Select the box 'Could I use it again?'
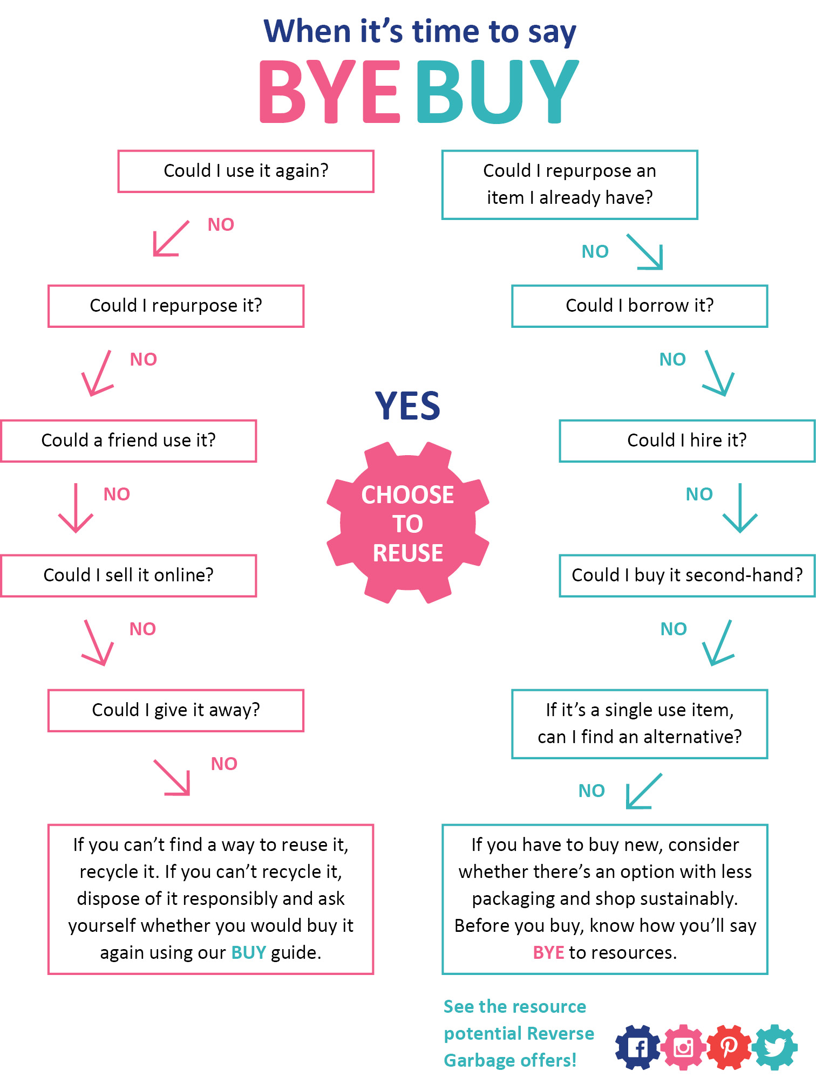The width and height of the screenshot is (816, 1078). pyautogui.click(x=246, y=171)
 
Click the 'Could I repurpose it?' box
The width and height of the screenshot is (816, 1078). pyautogui.click(x=176, y=306)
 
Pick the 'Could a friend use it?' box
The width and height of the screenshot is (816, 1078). pyautogui.click(x=128, y=441)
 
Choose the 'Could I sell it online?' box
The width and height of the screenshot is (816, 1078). pyautogui.click(x=128, y=575)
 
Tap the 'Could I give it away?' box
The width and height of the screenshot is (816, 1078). pyautogui.click(x=176, y=710)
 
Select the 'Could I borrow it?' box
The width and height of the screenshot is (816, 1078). pyautogui.click(x=640, y=306)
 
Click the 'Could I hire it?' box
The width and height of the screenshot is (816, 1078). pyautogui.click(x=687, y=441)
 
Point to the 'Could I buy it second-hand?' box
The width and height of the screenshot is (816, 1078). pyautogui.click(x=687, y=575)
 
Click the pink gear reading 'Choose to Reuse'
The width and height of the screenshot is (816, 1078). pyautogui.click(x=408, y=523)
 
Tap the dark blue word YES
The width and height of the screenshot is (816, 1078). pyautogui.click(x=408, y=406)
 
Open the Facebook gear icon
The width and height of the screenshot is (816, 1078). pyautogui.click(x=638, y=1047)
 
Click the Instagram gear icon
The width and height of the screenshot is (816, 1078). pyautogui.click(x=684, y=1047)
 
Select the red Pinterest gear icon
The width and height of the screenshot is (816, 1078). pyautogui.click(x=729, y=1047)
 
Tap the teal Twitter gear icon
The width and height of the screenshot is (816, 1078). pyautogui.click(x=775, y=1047)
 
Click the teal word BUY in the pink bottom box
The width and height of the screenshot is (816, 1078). pyautogui.click(x=248, y=953)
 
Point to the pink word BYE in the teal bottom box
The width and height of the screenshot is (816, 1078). pyautogui.click(x=548, y=953)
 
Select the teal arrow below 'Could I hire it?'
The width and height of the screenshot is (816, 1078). pyautogui.click(x=740, y=508)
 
